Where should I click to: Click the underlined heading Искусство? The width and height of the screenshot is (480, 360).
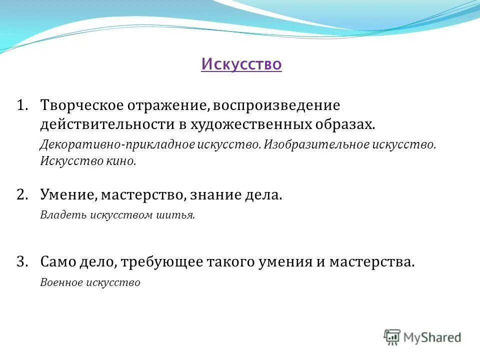coord(241,64)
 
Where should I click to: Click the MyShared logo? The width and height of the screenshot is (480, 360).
coord(422,337)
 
